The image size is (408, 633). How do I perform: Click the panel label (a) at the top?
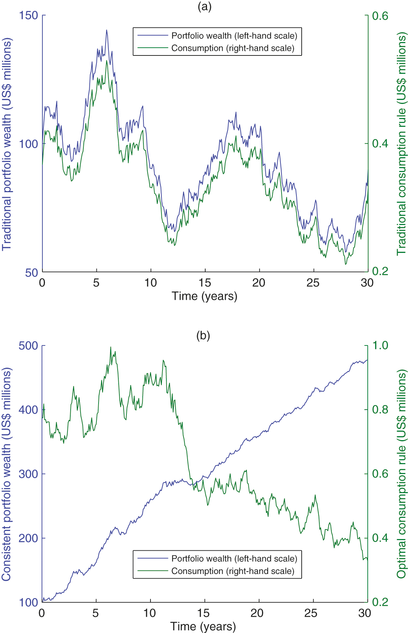205,6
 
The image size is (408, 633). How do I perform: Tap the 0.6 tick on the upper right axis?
380,16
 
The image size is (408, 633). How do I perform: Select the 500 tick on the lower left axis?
28,345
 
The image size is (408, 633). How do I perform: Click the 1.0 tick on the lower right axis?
380,345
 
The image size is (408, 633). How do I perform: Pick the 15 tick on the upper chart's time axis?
205,283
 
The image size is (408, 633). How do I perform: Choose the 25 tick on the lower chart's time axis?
311,613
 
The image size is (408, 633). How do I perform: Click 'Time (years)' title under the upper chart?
204,296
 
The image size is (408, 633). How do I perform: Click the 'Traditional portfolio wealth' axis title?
7,144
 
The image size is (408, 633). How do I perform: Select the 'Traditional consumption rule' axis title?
402,144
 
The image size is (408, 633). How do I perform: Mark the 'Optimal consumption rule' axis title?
402,474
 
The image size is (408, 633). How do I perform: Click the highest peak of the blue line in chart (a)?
106,30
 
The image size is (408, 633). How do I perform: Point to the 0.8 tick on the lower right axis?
380,410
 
